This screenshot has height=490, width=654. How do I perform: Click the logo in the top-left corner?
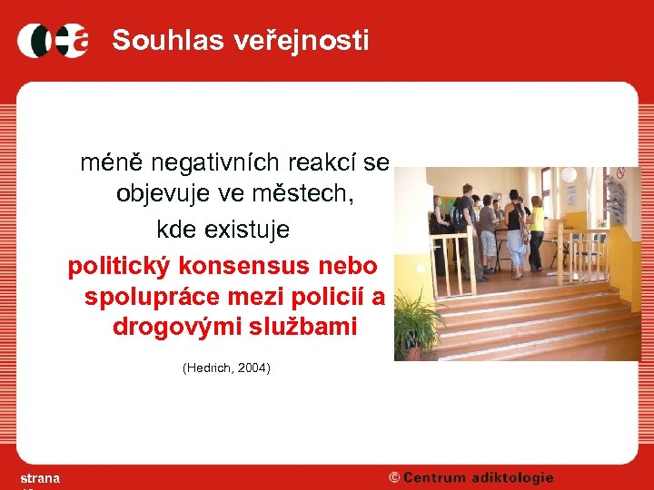pos(53,41)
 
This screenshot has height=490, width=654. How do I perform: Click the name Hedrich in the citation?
pos(209,368)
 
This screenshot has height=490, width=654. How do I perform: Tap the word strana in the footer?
pos(40,478)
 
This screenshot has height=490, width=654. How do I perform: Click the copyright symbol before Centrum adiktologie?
pos(394,478)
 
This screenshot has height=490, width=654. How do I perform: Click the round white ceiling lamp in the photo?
pos(569,174)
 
